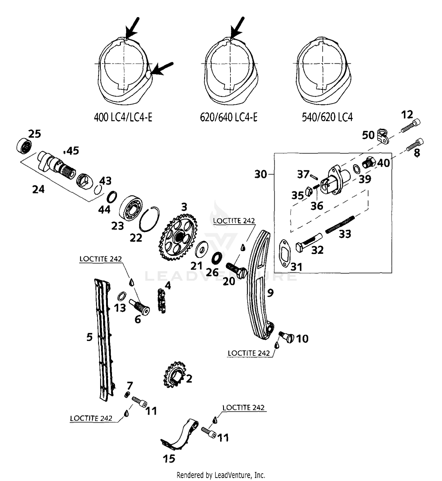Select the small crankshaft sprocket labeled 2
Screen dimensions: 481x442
pyautogui.click(x=174, y=375)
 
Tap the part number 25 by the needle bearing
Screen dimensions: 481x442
pyautogui.click(x=34, y=134)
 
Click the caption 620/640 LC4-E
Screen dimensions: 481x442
pyautogui.click(x=228, y=117)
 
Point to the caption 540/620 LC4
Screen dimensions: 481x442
pyautogui.click(x=327, y=117)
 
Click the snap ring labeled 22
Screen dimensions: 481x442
pyautogui.click(x=149, y=219)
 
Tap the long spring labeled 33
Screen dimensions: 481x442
pyautogui.click(x=340, y=225)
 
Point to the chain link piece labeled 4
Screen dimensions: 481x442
pyautogui.click(x=161, y=301)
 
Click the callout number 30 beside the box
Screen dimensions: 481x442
pyautogui.click(x=260, y=174)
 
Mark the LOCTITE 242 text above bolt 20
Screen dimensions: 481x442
pyautogui.click(x=234, y=221)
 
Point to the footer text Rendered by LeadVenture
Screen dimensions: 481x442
pyautogui.click(x=221, y=475)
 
